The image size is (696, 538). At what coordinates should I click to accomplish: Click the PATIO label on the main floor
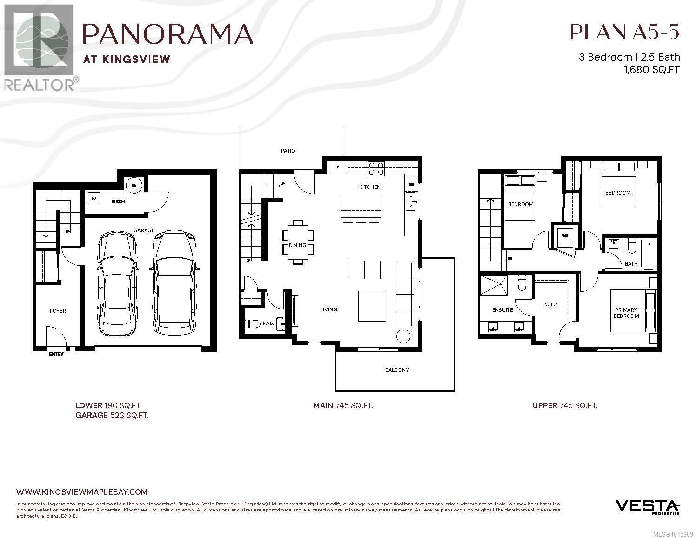pyautogui.click(x=288, y=151)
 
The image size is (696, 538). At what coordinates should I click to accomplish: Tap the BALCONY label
pyautogui.click(x=396, y=370)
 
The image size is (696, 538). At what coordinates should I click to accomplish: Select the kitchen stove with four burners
pyautogui.click(x=376, y=168)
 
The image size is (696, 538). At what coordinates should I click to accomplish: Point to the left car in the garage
pyautogui.click(x=118, y=284)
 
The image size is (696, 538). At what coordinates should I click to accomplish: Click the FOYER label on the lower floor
pyautogui.click(x=58, y=311)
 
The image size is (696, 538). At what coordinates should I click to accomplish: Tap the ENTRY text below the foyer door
pyautogui.click(x=56, y=355)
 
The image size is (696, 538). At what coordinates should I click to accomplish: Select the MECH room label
pyautogui.click(x=118, y=202)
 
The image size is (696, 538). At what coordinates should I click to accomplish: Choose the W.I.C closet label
pyautogui.click(x=550, y=304)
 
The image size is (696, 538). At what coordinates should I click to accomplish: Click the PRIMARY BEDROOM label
pyautogui.click(x=626, y=313)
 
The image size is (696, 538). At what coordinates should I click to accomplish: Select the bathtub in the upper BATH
pyautogui.click(x=648, y=254)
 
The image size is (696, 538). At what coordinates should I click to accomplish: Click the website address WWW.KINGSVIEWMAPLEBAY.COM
pyautogui.click(x=81, y=491)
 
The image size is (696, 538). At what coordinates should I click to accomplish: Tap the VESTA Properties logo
pyautogui.click(x=648, y=506)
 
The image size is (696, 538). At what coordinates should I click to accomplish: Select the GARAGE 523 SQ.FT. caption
pyautogui.click(x=112, y=416)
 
